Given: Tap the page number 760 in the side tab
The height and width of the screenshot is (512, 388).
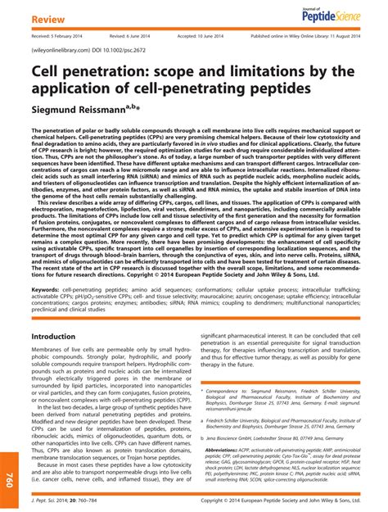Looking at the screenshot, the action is tap(10, 478).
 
